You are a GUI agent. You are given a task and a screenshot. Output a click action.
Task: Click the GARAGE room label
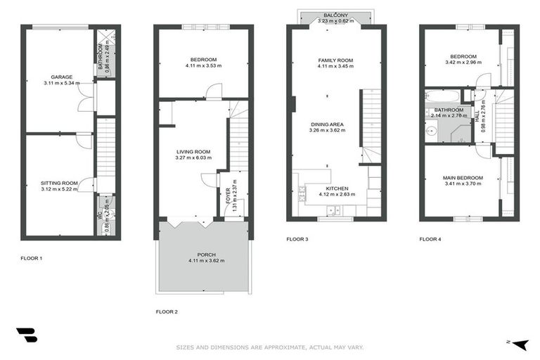pyautogui.click(x=60, y=77)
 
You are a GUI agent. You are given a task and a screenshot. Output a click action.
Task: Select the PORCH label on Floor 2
pyautogui.click(x=202, y=255)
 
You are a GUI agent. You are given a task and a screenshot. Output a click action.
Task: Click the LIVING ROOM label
pyautogui.click(x=193, y=151)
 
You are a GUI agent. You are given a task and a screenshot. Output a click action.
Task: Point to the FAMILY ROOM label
pyautogui.click(x=335, y=60)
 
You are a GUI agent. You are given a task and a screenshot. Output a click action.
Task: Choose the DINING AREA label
pyautogui.click(x=328, y=124)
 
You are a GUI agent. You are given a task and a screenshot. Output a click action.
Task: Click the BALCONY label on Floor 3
pyautogui.click(x=335, y=14)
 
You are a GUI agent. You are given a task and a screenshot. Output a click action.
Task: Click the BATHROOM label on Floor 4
pyautogui.click(x=448, y=110)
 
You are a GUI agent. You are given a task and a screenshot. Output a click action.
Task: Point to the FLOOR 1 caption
pyautogui.click(x=32, y=258)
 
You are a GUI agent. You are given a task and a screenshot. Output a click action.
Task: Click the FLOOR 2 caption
pyautogui.click(x=167, y=311)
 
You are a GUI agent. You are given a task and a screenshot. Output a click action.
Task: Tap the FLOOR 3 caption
pyautogui.click(x=297, y=239)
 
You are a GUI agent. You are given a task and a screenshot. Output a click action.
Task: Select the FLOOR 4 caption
pyautogui.click(x=430, y=239)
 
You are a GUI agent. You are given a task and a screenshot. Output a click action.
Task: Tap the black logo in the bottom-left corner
pyautogui.click(x=26, y=335)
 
